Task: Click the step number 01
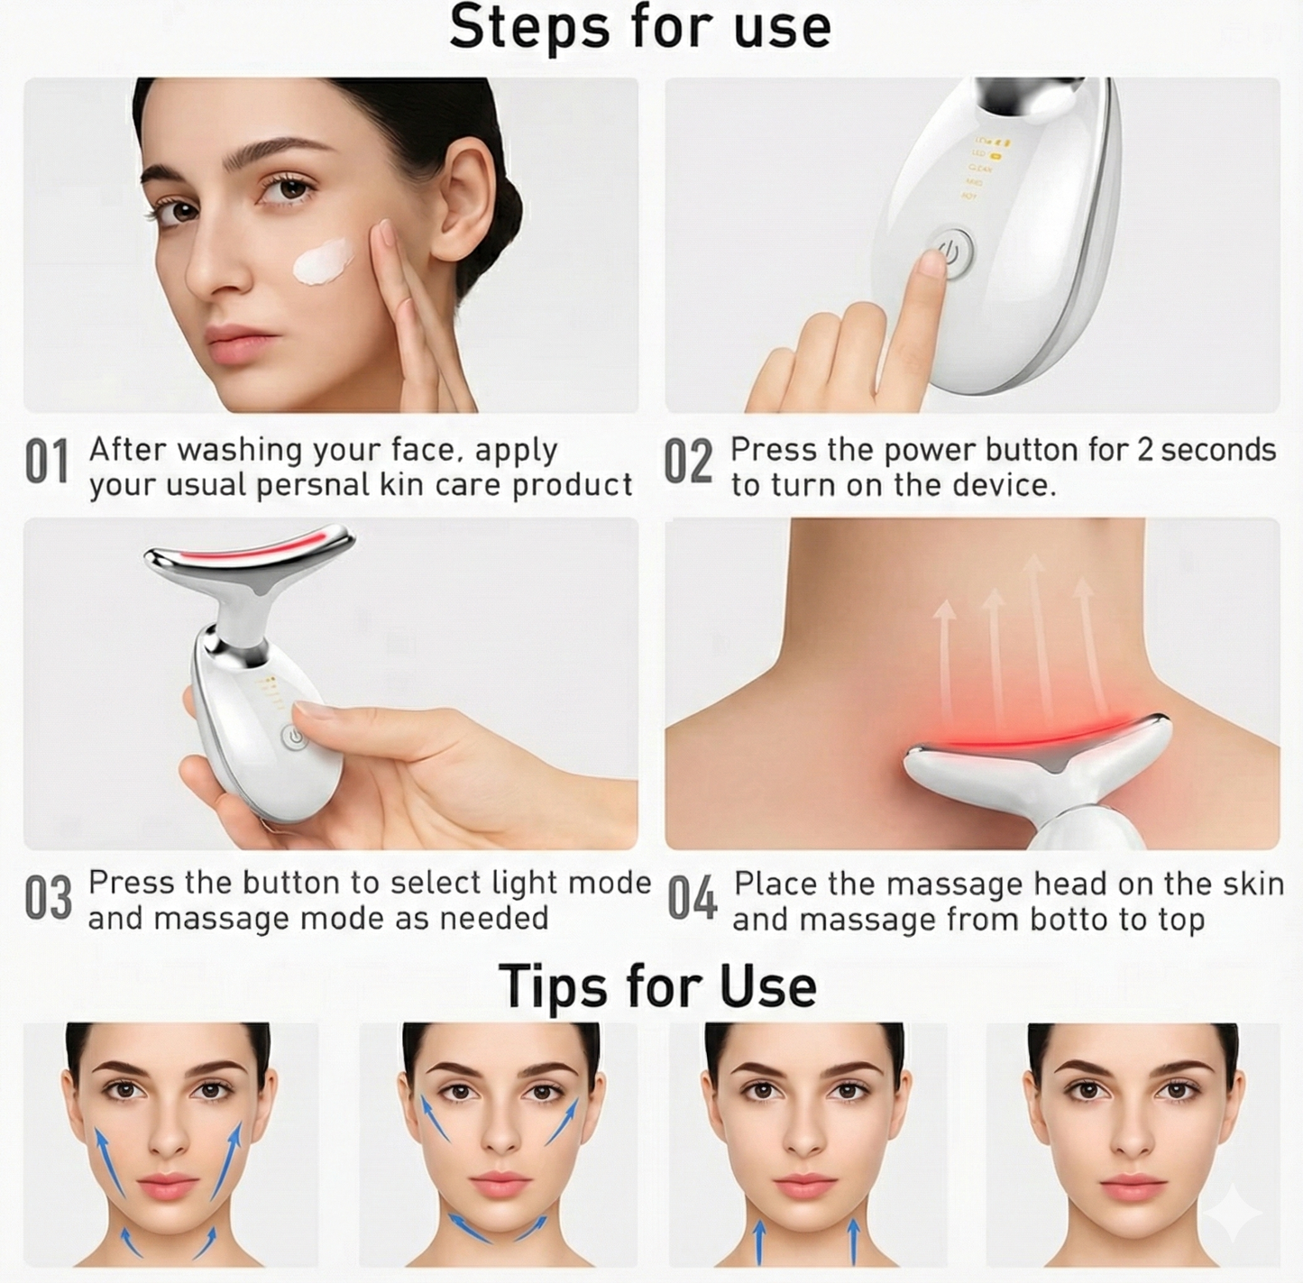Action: pyautogui.click(x=46, y=463)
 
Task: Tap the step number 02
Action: pyautogui.click(x=688, y=463)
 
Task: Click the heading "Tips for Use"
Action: pyautogui.click(x=656, y=985)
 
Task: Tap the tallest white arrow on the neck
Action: pyautogui.click(x=1035, y=631)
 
